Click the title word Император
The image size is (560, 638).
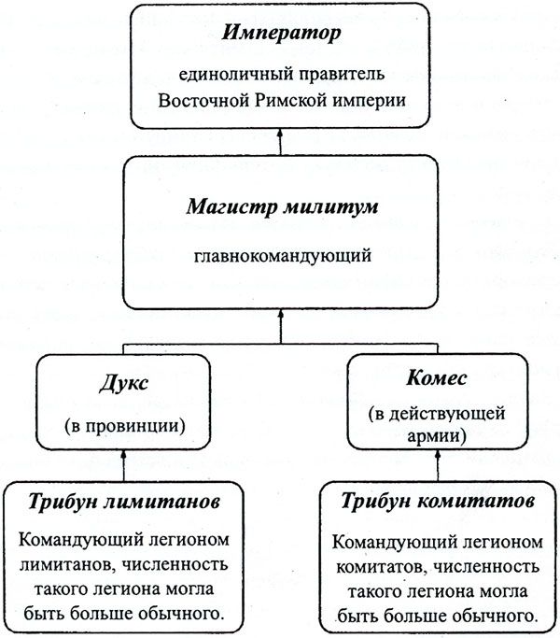pos(281,34)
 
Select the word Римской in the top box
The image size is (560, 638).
pos(291,100)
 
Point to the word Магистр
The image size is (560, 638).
pos(231,206)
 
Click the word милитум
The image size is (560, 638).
pos(330,206)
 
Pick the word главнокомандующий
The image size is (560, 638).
pos(283,256)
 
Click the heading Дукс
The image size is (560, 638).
pos(123,383)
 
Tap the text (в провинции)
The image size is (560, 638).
pos(125,426)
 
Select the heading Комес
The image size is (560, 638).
pos(437,378)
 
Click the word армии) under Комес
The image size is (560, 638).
pos(437,435)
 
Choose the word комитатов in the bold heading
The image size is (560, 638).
pos(476,501)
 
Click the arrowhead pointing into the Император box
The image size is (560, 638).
pos(280,134)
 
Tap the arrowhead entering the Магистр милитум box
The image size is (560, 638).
pos(280,314)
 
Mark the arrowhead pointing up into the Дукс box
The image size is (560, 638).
pos(123,455)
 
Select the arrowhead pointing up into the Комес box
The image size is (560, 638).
pos(438,455)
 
